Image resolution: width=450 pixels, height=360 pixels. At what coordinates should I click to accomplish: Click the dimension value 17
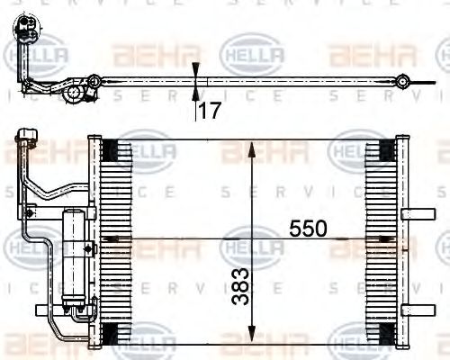pyautogui.click(x=210, y=112)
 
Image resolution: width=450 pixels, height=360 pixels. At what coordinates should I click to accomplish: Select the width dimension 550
pyautogui.click(x=308, y=229)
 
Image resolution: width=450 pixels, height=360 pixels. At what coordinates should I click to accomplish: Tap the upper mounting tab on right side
pyautogui.click(x=417, y=214)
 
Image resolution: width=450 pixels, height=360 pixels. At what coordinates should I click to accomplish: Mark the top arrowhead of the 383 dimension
pyautogui.click(x=254, y=146)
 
